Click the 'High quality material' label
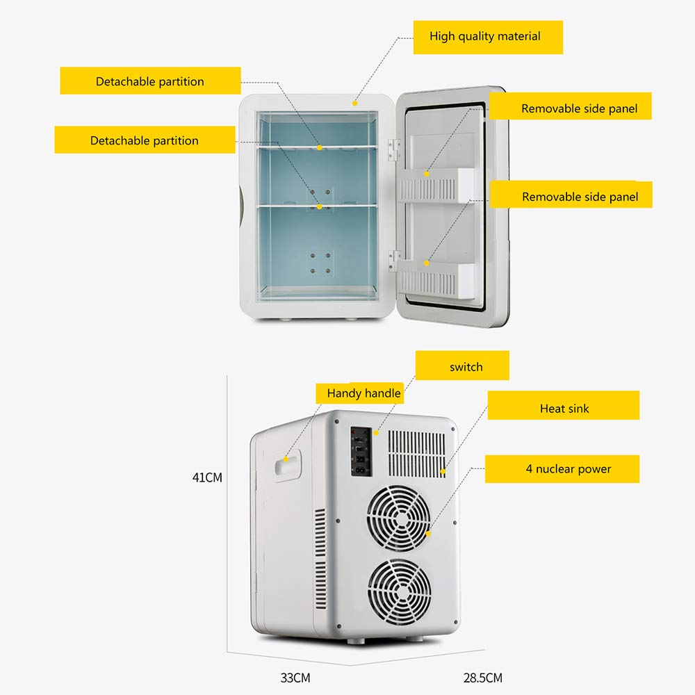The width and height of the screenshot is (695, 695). click(487, 37)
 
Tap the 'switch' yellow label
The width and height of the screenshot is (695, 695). click(462, 366)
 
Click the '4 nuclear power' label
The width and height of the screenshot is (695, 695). click(562, 468)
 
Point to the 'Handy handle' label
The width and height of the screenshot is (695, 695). click(363, 393)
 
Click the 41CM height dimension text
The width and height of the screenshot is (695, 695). click(207, 477)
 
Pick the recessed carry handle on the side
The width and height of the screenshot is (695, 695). click(285, 467)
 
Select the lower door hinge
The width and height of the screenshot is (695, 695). click(395, 259)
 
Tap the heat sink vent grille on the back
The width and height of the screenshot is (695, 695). click(416, 453)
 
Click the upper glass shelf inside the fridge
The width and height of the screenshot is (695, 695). click(317, 148)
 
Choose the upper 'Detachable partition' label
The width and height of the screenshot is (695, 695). click(150, 81)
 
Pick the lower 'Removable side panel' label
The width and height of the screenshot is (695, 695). click(580, 197)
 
